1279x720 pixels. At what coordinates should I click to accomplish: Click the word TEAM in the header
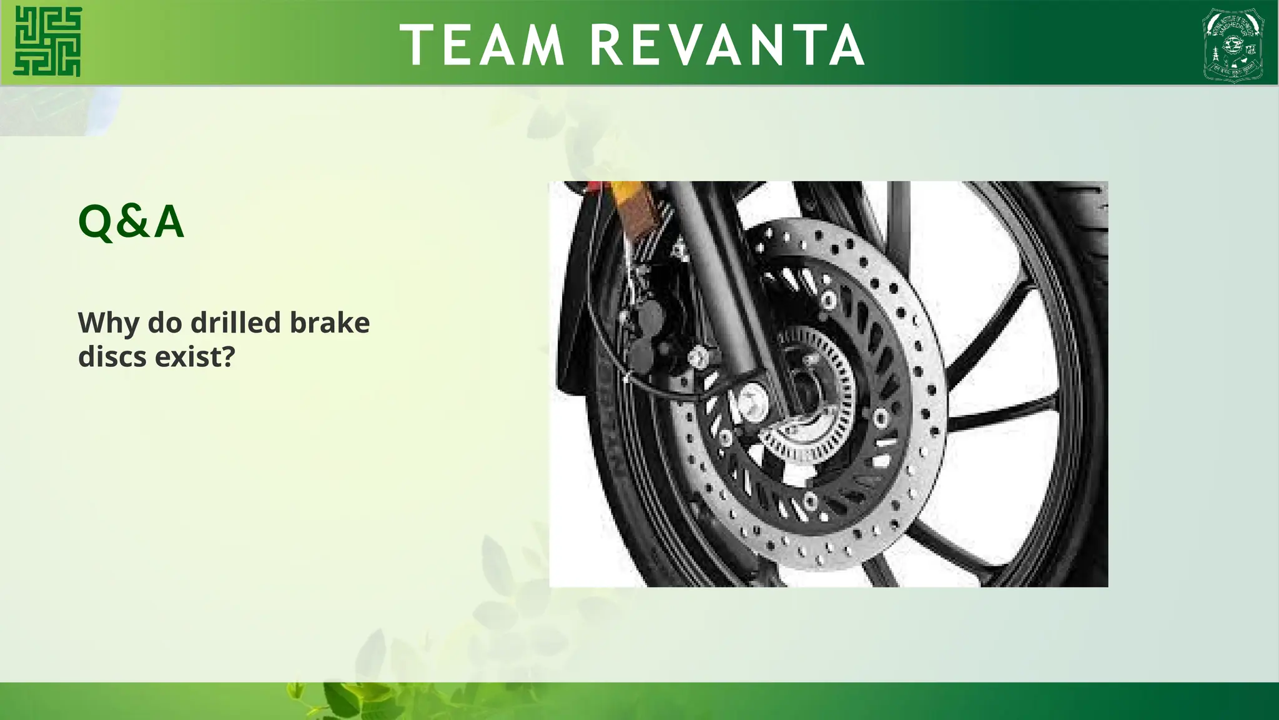pyautogui.click(x=482, y=45)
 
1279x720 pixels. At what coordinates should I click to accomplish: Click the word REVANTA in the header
pyautogui.click(x=727, y=45)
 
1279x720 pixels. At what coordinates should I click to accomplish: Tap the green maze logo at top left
pyautogui.click(x=47, y=41)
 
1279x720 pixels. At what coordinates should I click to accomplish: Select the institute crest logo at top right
pyautogui.click(x=1233, y=45)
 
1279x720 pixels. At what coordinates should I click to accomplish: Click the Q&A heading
pyautogui.click(x=131, y=221)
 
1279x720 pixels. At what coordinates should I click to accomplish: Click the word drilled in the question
pyautogui.click(x=235, y=323)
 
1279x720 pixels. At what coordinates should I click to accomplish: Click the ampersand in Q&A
pyautogui.click(x=131, y=221)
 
